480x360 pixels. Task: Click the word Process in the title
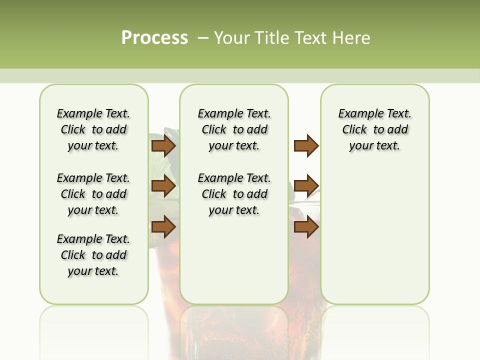(x=154, y=37)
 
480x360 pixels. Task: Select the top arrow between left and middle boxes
(x=163, y=146)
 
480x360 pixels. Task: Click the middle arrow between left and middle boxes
(x=163, y=186)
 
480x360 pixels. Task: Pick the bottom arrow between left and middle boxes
(x=163, y=227)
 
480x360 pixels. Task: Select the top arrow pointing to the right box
(x=306, y=146)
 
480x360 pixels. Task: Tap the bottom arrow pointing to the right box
(x=306, y=227)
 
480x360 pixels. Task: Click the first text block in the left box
(x=93, y=129)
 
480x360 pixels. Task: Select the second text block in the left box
(x=93, y=194)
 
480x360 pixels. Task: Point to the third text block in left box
(x=93, y=255)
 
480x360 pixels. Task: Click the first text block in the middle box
(x=234, y=129)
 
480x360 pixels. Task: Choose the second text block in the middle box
(x=234, y=194)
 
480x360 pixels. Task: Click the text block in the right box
(x=374, y=129)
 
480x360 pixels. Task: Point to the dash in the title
(x=202, y=38)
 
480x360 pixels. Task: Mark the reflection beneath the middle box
(x=234, y=330)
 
